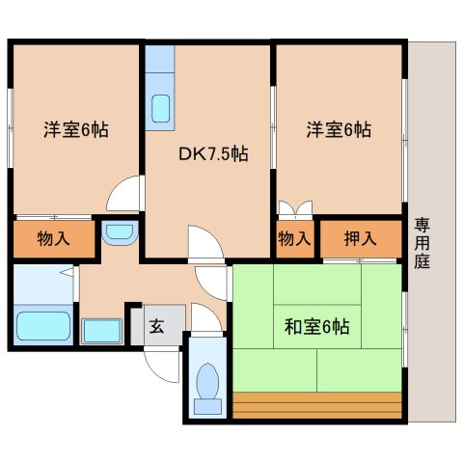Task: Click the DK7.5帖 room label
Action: pos(213,153)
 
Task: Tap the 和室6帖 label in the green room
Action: pos(316,327)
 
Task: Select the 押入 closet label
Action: pos(360,238)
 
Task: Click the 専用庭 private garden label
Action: pos(422,243)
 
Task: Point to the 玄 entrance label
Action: pos(157,326)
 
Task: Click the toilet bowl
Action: pos(207,381)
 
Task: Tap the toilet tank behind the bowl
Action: pos(207,407)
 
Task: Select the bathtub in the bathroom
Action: pos(43,326)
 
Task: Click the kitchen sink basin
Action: pos(160,108)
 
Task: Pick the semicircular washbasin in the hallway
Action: pos(120,233)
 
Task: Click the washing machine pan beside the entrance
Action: pos(102,331)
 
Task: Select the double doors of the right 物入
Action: pos(295,209)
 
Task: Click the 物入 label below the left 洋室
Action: pos(53,238)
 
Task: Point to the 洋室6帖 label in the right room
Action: pos(339,129)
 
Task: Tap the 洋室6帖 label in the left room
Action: pos(76,129)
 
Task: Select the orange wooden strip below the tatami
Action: pos(317,405)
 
